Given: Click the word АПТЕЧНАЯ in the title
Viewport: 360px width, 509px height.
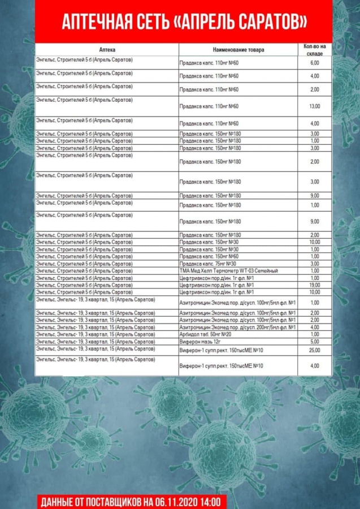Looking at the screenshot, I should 91,21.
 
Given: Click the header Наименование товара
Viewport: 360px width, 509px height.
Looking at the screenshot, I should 238,50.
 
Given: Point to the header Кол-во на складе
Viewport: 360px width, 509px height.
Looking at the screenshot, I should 315,49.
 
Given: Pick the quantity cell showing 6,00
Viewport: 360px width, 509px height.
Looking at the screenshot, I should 315,63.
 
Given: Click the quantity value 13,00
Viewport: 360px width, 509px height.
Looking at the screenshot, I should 315,106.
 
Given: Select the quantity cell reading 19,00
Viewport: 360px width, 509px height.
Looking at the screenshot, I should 315,285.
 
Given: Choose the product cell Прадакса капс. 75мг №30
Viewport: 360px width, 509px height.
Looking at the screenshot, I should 208,264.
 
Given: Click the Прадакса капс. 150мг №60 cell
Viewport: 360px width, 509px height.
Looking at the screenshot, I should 210,256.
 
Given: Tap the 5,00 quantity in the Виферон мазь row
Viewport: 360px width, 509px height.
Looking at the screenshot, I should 315,342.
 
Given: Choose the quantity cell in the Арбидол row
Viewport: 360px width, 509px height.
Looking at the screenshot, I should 315,334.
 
